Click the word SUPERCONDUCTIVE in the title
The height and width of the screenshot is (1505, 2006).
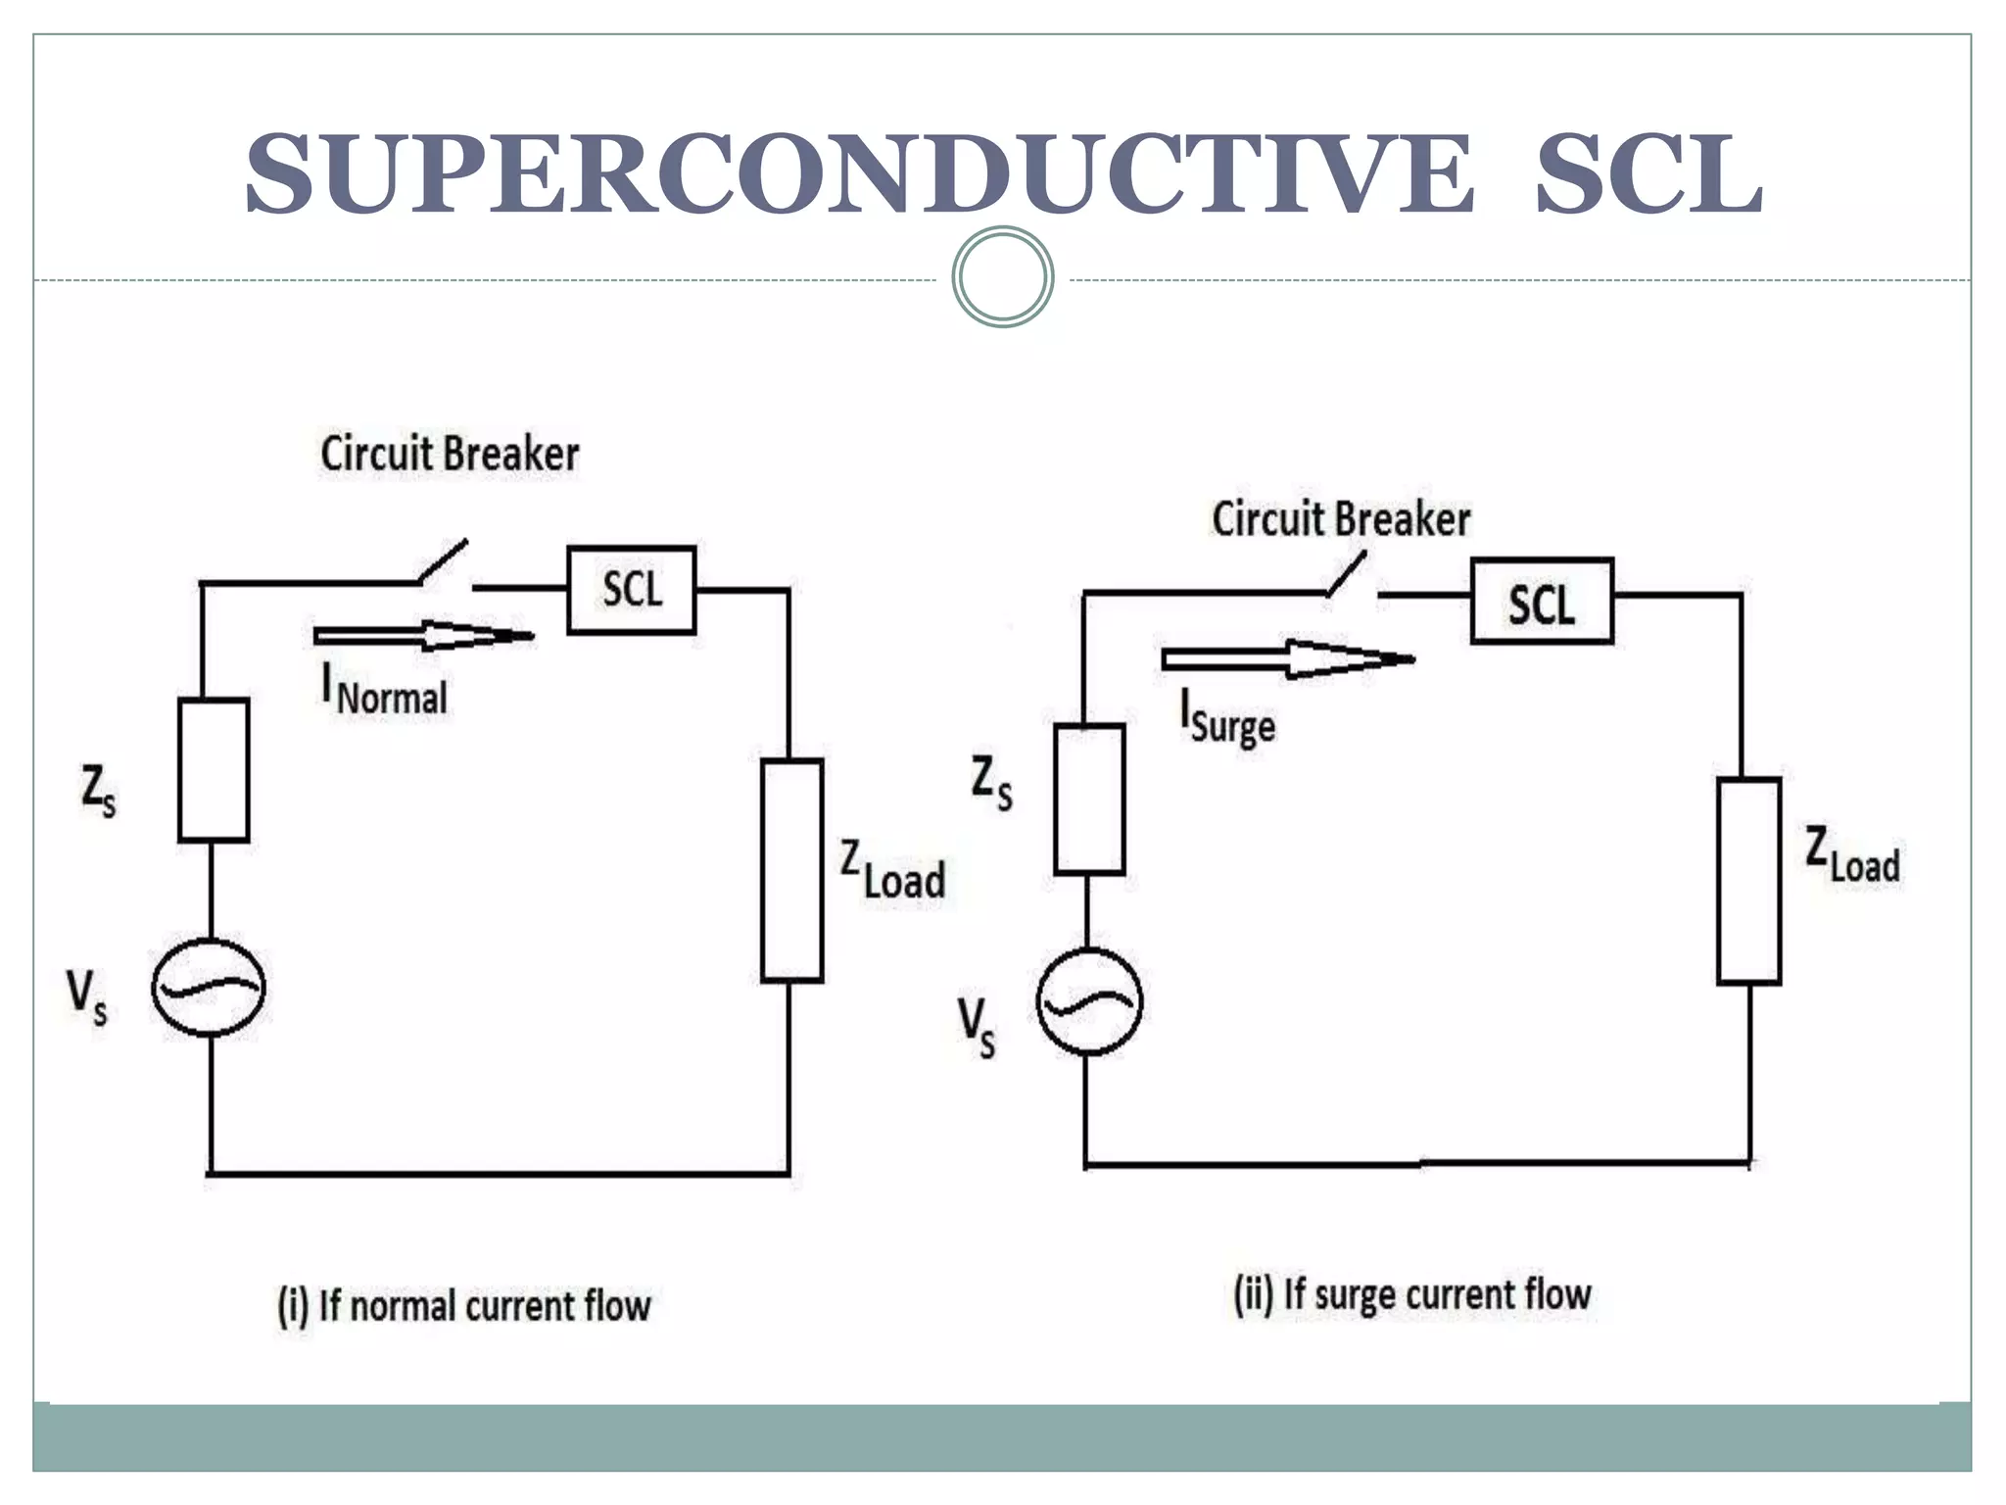[x=858, y=174]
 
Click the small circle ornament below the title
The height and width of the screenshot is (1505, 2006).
[x=1002, y=276]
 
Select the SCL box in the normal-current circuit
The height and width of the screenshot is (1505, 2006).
[x=632, y=590]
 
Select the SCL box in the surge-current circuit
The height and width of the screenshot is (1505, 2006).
[x=1542, y=602]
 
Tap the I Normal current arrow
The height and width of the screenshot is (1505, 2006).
[x=423, y=636]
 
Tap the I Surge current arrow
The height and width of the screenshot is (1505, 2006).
[x=1287, y=659]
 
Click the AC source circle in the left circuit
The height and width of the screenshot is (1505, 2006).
[x=208, y=987]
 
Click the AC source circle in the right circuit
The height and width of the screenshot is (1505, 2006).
[x=1088, y=1001]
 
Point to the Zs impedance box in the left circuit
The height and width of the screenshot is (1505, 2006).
[x=214, y=770]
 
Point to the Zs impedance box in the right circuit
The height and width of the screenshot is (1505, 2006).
[x=1089, y=799]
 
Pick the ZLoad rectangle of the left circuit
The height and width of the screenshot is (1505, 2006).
[x=791, y=870]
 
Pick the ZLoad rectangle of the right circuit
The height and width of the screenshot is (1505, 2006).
[x=1748, y=881]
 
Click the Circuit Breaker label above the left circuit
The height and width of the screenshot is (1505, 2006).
[x=450, y=455]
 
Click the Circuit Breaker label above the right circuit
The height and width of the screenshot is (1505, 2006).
[x=1341, y=519]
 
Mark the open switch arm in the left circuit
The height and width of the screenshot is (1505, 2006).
[x=444, y=561]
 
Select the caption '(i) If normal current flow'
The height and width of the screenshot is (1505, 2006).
[x=464, y=1306]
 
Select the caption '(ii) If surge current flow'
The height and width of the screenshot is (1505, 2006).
[x=1411, y=1294]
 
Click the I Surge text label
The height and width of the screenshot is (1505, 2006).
[x=1228, y=718]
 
